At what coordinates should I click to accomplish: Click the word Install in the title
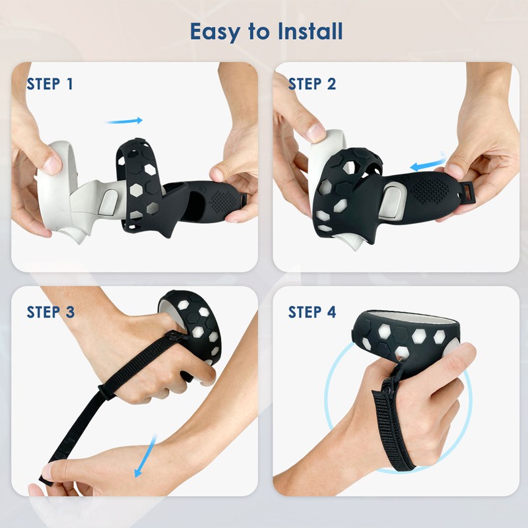tap(310, 30)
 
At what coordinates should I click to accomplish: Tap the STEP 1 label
tap(50, 84)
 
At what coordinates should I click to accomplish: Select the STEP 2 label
tap(312, 84)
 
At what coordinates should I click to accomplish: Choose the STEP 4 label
tap(312, 312)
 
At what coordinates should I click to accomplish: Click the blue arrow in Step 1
tap(124, 121)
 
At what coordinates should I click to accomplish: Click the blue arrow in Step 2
tap(426, 162)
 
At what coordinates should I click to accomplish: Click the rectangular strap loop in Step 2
tap(471, 190)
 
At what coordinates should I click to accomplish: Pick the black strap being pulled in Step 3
tap(86, 409)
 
